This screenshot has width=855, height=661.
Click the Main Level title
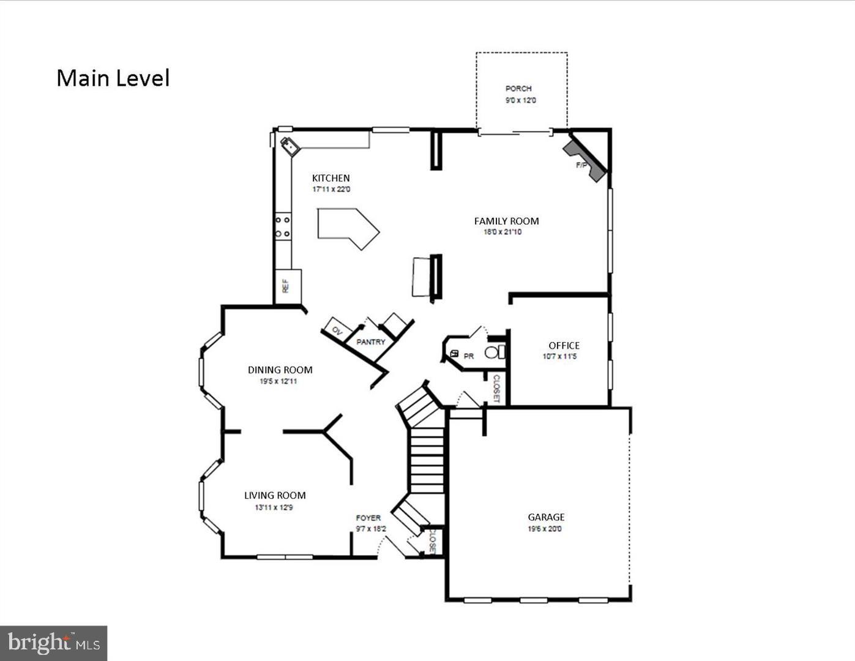pyautogui.click(x=113, y=78)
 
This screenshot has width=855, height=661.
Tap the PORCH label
pyautogui.click(x=518, y=89)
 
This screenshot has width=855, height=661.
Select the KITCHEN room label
pyautogui.click(x=330, y=178)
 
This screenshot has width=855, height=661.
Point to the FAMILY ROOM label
pyautogui.click(x=506, y=221)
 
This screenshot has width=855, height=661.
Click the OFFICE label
pyautogui.click(x=564, y=345)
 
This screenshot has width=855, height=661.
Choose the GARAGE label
pyautogui.click(x=546, y=517)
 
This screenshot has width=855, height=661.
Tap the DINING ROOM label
pyautogui.click(x=280, y=370)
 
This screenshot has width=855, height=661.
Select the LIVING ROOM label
pyautogui.click(x=275, y=495)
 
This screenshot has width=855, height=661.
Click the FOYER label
pyautogui.click(x=368, y=518)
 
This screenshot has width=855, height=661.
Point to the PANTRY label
pyautogui.click(x=371, y=342)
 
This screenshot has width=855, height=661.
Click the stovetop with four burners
pyautogui.click(x=283, y=227)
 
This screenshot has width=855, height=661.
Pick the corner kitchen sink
pyautogui.click(x=289, y=146)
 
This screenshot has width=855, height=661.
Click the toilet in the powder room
pyautogui.click(x=495, y=353)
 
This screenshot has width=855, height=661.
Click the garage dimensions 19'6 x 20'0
pyautogui.click(x=544, y=529)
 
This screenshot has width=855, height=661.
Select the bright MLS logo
pyautogui.click(x=54, y=643)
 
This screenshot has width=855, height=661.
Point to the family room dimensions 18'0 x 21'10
pyautogui.click(x=502, y=232)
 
